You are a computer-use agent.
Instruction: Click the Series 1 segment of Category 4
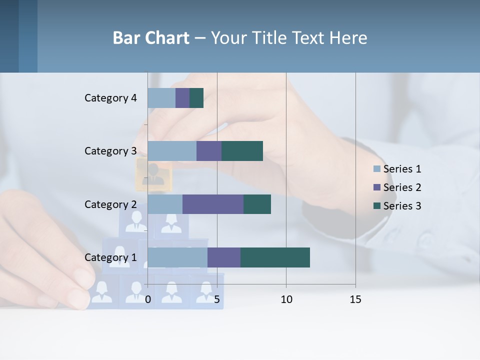tap(161, 98)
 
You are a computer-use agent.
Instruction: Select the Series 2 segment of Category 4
tap(182, 98)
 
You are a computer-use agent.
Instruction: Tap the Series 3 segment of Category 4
tap(196, 98)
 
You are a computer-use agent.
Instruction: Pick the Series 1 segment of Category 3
tap(172, 151)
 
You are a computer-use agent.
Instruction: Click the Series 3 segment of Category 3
tap(242, 151)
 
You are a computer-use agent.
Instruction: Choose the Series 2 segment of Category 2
tap(213, 204)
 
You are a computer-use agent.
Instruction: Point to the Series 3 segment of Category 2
tap(257, 204)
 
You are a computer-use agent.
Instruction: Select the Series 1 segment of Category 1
tap(177, 257)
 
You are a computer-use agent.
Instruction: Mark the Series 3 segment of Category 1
tap(275, 257)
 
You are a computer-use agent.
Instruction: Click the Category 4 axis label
tap(110, 98)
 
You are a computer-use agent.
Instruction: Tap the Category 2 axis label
tap(110, 204)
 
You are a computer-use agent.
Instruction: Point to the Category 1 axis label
tap(110, 257)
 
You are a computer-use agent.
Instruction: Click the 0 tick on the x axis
tap(148, 299)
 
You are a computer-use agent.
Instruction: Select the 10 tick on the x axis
tap(286, 299)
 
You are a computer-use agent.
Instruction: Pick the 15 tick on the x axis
tap(355, 299)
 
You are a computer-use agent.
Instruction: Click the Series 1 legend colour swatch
tap(376, 169)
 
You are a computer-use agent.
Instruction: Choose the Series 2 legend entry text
tap(402, 187)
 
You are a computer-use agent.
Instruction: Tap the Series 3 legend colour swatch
tap(376, 206)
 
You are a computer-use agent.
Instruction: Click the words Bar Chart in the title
tap(151, 38)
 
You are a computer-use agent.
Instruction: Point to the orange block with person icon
tap(153, 174)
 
